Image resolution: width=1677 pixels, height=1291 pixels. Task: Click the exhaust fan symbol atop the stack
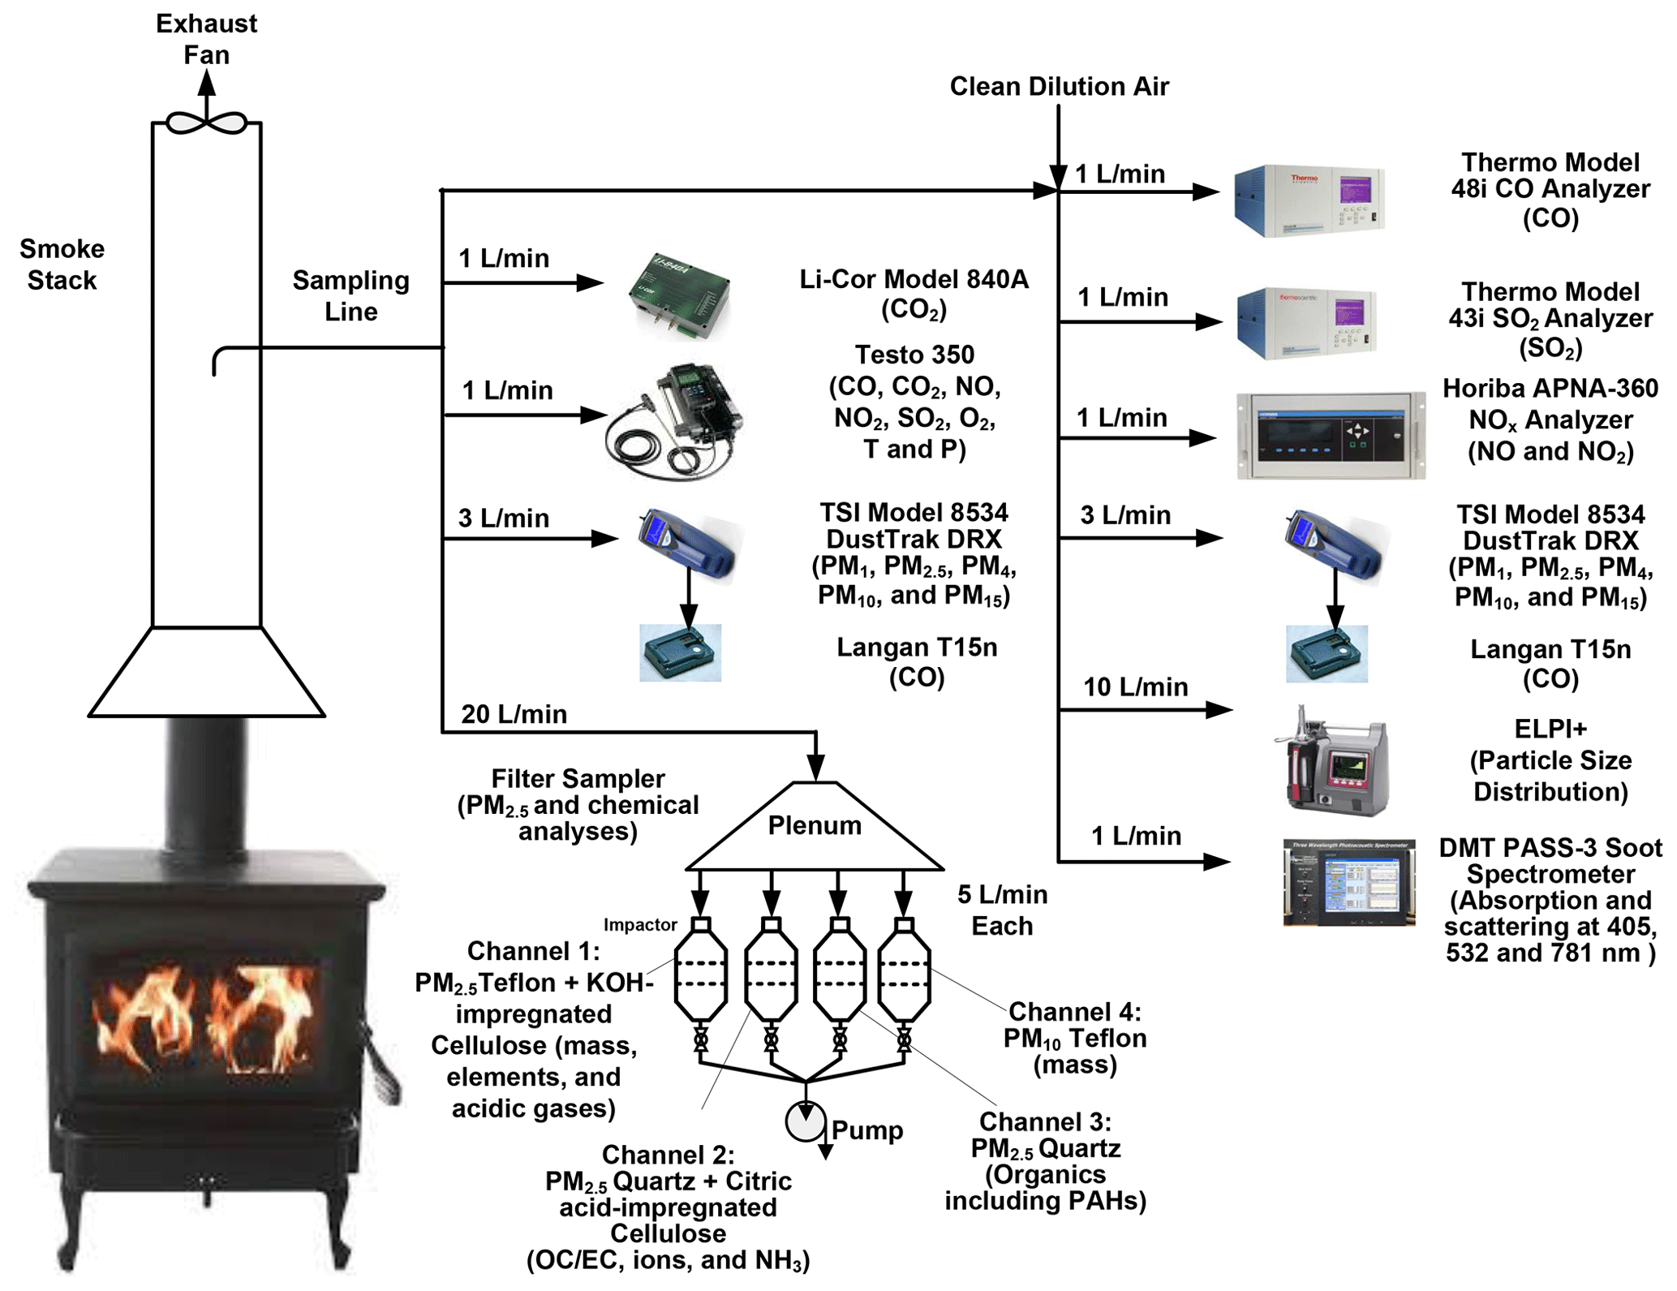point(206,123)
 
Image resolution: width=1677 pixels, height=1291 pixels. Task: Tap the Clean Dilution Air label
point(1059,86)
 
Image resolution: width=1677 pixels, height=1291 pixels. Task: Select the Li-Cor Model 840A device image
point(679,296)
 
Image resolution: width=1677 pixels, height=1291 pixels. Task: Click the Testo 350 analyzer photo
point(675,422)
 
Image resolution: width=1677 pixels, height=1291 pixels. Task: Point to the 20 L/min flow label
point(514,714)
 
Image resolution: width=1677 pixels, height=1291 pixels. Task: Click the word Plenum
point(815,825)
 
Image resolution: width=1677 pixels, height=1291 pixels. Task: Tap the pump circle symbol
point(805,1122)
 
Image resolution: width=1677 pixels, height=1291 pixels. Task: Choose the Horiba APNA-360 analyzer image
point(1331,436)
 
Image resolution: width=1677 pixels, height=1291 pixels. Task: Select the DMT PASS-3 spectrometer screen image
point(1349,883)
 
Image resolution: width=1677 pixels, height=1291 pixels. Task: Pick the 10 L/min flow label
point(1135,687)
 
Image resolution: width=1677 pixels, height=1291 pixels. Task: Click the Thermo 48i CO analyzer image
point(1309,200)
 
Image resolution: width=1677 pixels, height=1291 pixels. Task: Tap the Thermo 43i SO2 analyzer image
point(1306,322)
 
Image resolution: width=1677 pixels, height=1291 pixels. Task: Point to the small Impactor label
point(639,925)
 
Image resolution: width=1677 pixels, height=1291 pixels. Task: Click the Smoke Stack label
point(62,265)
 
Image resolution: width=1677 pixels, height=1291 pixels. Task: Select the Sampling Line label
point(350,295)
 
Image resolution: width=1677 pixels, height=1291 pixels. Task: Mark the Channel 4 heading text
point(1074,1012)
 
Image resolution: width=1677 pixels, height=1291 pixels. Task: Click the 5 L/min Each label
point(1002,910)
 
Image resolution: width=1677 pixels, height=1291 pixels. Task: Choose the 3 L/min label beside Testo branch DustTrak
point(503,518)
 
